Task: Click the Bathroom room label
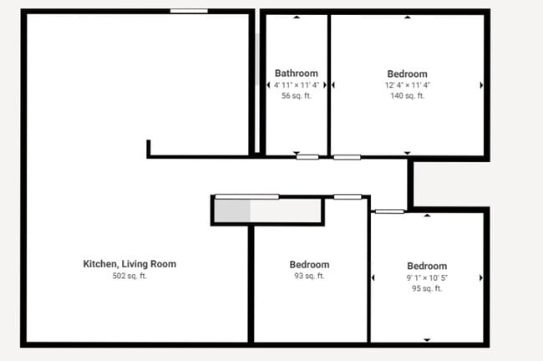pyautogui.click(x=297, y=74)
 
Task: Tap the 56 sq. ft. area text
pyautogui.click(x=297, y=96)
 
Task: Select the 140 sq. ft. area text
pyautogui.click(x=407, y=96)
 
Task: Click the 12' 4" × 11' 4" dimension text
pyautogui.click(x=407, y=85)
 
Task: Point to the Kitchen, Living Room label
pyautogui.click(x=129, y=264)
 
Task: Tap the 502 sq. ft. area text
pyautogui.click(x=129, y=276)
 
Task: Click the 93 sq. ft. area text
pyautogui.click(x=309, y=276)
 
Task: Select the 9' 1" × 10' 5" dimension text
pyautogui.click(x=426, y=277)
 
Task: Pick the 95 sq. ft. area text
pyautogui.click(x=426, y=288)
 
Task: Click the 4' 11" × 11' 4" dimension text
pyautogui.click(x=297, y=85)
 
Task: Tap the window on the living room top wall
pyautogui.click(x=189, y=11)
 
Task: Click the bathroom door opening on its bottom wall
pyautogui.click(x=307, y=156)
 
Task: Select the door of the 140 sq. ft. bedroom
pyautogui.click(x=347, y=156)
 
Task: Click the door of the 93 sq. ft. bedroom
pyautogui.click(x=348, y=197)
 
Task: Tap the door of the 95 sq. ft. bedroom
pyautogui.click(x=389, y=211)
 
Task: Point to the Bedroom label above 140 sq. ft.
pyautogui.click(x=407, y=74)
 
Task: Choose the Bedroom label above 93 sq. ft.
pyautogui.click(x=309, y=265)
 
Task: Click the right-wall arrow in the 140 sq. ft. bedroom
pyautogui.click(x=481, y=85)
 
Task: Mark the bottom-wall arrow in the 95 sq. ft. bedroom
pyautogui.click(x=427, y=339)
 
